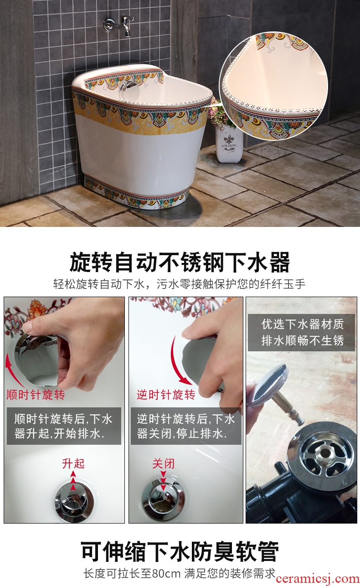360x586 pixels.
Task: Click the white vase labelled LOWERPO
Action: click(x=227, y=144)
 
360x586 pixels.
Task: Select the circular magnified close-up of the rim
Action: click(x=274, y=86)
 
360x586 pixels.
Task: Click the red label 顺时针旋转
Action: click(x=36, y=395)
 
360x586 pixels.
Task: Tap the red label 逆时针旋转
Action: click(x=166, y=395)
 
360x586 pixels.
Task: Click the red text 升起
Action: click(x=73, y=463)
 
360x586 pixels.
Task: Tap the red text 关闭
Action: click(x=164, y=463)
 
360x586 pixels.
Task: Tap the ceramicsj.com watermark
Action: click(x=318, y=579)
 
